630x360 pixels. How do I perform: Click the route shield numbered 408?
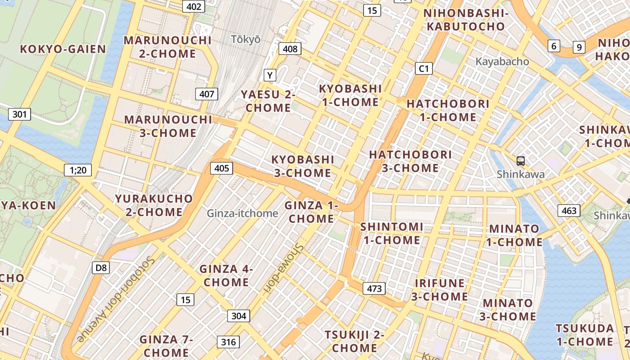290,49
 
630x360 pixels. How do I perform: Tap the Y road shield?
270,75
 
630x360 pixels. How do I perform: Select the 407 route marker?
207,94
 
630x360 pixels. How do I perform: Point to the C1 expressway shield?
423,68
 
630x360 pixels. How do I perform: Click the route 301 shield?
19,114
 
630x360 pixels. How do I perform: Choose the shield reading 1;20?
78,170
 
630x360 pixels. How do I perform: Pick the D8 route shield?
101,268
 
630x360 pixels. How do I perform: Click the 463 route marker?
569,211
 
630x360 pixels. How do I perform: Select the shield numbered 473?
374,288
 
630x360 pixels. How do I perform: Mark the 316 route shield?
228,342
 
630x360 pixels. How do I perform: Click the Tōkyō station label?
246,39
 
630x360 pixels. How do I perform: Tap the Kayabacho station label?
502,62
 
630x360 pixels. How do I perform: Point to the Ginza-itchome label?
243,213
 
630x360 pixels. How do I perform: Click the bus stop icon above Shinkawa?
521,161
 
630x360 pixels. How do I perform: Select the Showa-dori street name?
283,266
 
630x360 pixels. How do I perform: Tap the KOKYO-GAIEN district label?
63,49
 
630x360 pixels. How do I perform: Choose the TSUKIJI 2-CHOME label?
355,341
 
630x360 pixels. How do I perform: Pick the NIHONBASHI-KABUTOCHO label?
466,20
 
